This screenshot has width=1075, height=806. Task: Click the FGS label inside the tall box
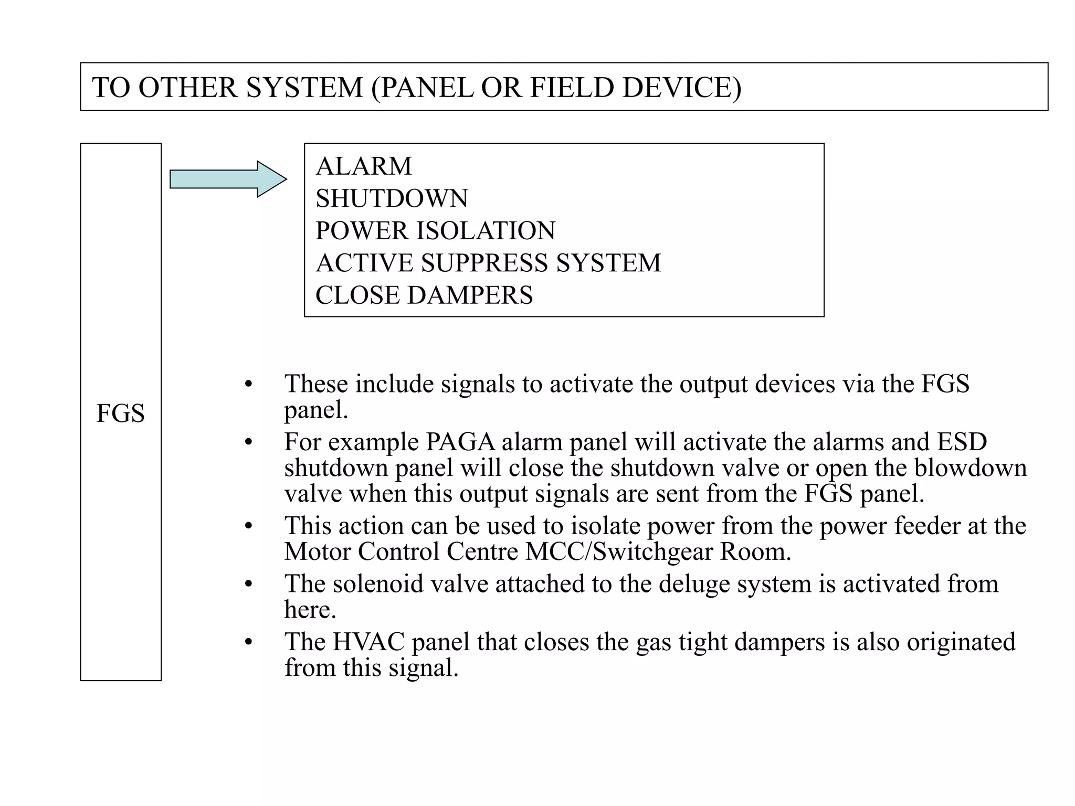(120, 413)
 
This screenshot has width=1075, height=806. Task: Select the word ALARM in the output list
(364, 166)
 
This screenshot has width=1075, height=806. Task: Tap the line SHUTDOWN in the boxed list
(392, 198)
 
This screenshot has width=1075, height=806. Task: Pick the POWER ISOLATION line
(435, 231)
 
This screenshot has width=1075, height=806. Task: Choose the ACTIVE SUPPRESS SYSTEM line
(488, 263)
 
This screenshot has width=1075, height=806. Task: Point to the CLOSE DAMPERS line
(424, 295)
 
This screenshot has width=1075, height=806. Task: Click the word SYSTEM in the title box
(304, 87)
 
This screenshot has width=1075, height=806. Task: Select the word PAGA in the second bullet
(460, 442)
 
